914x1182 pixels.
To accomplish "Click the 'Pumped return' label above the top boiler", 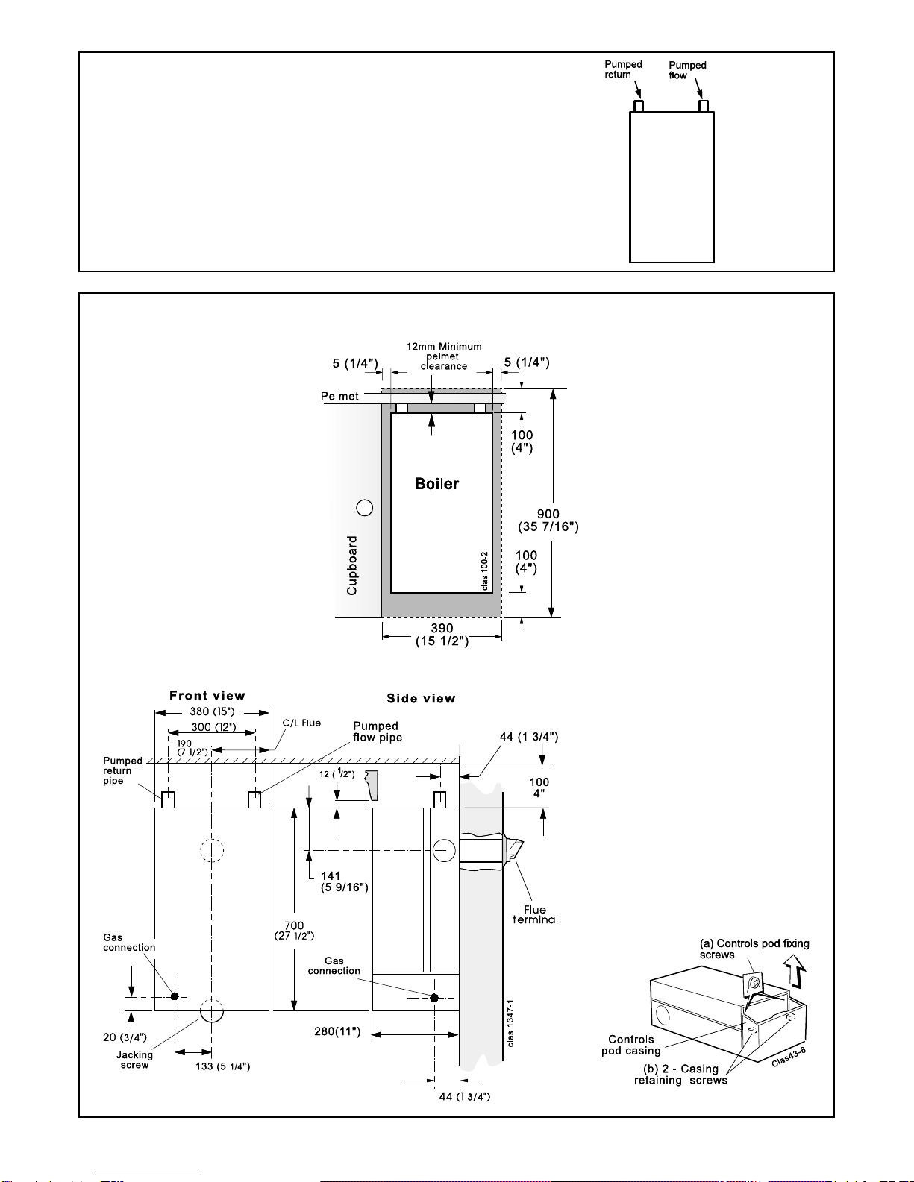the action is tap(623, 69).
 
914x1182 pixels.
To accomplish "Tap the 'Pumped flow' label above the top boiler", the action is tap(687, 70).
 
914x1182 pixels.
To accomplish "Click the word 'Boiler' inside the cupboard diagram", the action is tap(437, 483).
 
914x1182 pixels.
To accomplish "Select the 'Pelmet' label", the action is tap(339, 396).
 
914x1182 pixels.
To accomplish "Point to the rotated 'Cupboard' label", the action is tap(352, 565).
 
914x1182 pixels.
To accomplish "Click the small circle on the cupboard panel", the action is tap(365, 508).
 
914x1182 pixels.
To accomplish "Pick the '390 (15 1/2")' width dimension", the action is tap(442, 635).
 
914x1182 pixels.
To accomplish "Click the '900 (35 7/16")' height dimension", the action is tap(548, 521).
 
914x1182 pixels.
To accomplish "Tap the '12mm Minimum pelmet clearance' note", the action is tap(444, 356).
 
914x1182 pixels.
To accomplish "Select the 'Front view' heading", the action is tap(207, 696).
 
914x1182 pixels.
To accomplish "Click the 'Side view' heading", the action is tap(421, 699).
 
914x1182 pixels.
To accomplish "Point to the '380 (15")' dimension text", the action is tap(212, 711).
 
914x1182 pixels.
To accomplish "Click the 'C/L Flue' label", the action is tap(301, 723).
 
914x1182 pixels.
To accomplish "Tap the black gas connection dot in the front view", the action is tap(175, 996).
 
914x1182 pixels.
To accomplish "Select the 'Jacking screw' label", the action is tap(134, 1060).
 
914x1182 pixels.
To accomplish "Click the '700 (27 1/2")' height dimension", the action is tap(294, 931).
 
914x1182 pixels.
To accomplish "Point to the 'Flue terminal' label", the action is tap(535, 914).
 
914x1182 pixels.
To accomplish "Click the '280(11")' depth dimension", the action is tap(337, 1031).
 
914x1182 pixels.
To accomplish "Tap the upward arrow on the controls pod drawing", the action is tap(795, 972).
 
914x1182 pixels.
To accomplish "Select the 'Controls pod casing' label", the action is tap(631, 1045).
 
